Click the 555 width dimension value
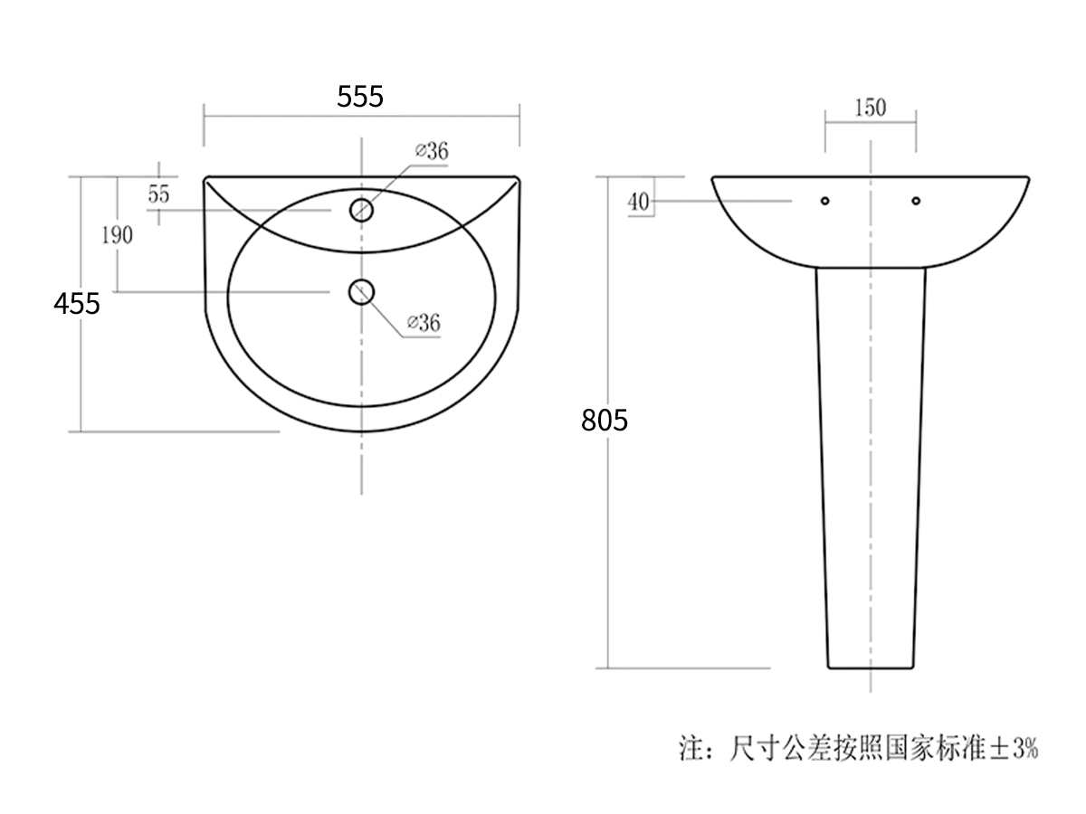click(360, 96)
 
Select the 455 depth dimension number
click(76, 304)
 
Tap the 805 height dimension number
click(605, 420)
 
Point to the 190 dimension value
click(117, 236)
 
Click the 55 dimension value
click(159, 194)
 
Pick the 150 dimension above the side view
click(870, 109)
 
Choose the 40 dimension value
click(638, 202)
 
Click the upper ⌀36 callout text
click(432, 151)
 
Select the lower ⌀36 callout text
click(424, 322)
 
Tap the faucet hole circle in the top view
click(362, 210)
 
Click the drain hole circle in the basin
click(362, 291)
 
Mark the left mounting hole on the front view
click(824, 200)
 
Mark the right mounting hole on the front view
click(916, 200)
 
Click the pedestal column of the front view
click(871, 470)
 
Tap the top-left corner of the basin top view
click(206, 178)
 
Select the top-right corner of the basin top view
click(519, 178)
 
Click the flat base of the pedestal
click(871, 667)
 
